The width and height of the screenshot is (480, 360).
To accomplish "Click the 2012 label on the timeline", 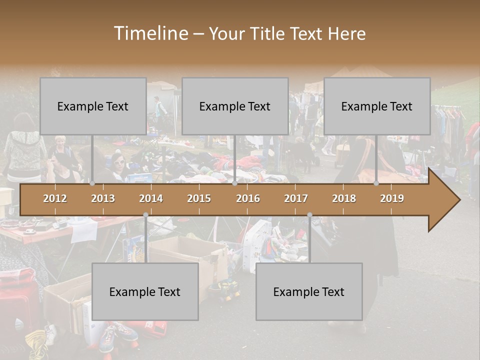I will point(55,198).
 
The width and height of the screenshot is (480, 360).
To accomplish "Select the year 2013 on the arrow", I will point(103,198).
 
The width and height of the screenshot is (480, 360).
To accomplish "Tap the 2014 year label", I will point(151,198).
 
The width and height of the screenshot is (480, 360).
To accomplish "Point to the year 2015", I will point(199,198).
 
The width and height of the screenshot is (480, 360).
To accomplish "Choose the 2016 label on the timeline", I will point(248,198).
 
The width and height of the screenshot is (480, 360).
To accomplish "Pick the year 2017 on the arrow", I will point(296,198).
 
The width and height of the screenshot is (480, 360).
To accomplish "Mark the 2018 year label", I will point(344,198).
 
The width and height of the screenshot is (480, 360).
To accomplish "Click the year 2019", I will point(392,198).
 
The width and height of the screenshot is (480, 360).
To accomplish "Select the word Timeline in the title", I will point(150,33).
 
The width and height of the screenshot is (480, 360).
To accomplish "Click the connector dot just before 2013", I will point(92,183).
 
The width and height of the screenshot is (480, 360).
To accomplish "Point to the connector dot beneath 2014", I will point(145,215).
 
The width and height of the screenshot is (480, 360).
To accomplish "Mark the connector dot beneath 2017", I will point(309,215).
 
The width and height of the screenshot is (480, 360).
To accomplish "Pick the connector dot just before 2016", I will point(235,183).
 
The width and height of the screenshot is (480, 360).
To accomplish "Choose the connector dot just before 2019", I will point(376,183).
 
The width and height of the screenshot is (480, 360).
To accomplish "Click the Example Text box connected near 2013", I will point(93,106).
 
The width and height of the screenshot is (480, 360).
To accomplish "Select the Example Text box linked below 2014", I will point(145,291).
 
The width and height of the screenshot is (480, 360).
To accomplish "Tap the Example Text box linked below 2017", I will point(309,291).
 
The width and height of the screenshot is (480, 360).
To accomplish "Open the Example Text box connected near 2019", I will point(377,106).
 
